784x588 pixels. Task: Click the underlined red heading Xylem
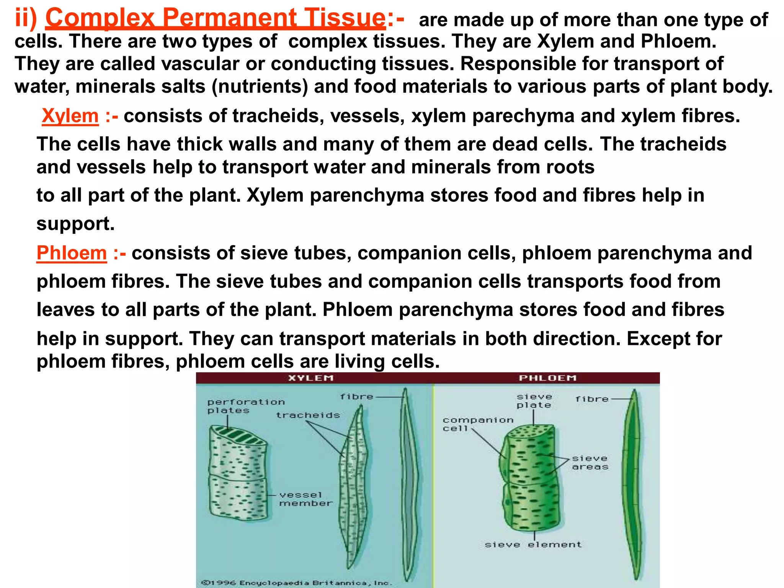click(x=70, y=116)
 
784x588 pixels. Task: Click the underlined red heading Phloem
click(x=72, y=253)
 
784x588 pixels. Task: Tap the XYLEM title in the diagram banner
click(x=311, y=378)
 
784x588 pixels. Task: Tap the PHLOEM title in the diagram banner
click(x=547, y=378)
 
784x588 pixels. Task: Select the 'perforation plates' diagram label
click(x=246, y=406)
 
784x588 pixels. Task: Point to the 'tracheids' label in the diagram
click(x=308, y=415)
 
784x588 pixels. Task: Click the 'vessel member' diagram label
click(x=305, y=499)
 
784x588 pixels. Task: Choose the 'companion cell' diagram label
click(x=478, y=424)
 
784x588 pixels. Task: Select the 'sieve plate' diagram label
click(x=534, y=401)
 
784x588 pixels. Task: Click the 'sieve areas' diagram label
click(x=590, y=462)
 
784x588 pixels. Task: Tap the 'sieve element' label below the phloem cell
click(x=533, y=545)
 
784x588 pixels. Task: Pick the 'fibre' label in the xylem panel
click(x=356, y=397)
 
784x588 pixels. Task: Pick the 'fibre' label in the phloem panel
click(x=592, y=399)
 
